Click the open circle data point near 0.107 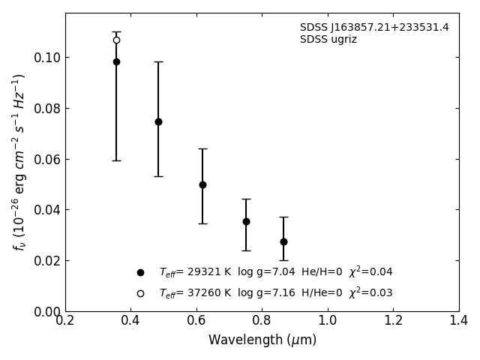(x=116, y=40)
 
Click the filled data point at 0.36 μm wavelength (x=116, y=61)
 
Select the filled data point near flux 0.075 (x=158, y=121)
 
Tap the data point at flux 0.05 (x=202, y=184)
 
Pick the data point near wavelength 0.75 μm (x=246, y=221)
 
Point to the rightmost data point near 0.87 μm (x=283, y=241)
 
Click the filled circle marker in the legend (x=140, y=272)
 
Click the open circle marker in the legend (x=140, y=293)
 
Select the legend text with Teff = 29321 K (x=275, y=272)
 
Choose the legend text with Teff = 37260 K (x=275, y=293)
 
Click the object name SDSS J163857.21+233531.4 (x=374, y=28)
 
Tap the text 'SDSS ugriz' (x=328, y=40)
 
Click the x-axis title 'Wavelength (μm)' (x=262, y=340)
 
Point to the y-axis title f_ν (x=19, y=161)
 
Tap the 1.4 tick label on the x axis (x=459, y=321)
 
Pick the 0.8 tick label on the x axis (x=262, y=321)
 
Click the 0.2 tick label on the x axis (x=65, y=321)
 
